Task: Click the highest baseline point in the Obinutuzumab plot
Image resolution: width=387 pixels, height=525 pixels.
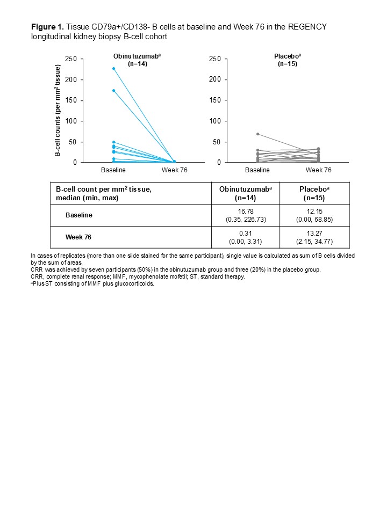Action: pyautogui.click(x=114, y=68)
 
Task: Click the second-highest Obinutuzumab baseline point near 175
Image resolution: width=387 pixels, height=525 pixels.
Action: pyautogui.click(x=114, y=90)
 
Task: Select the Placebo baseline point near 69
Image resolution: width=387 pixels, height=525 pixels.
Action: pyautogui.click(x=258, y=134)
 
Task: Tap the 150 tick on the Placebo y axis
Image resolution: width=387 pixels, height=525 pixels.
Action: pyautogui.click(x=214, y=100)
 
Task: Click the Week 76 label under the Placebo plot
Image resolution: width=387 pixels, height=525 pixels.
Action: pyautogui.click(x=318, y=170)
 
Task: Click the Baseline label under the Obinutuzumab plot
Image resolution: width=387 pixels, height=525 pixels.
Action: pyautogui.click(x=114, y=170)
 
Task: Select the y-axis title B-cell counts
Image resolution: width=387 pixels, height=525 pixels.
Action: pyautogui.click(x=58, y=111)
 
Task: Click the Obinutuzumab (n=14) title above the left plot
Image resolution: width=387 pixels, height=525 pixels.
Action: pyautogui.click(x=130, y=60)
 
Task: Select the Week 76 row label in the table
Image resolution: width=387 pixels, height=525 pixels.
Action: pyautogui.click(x=78, y=237)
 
